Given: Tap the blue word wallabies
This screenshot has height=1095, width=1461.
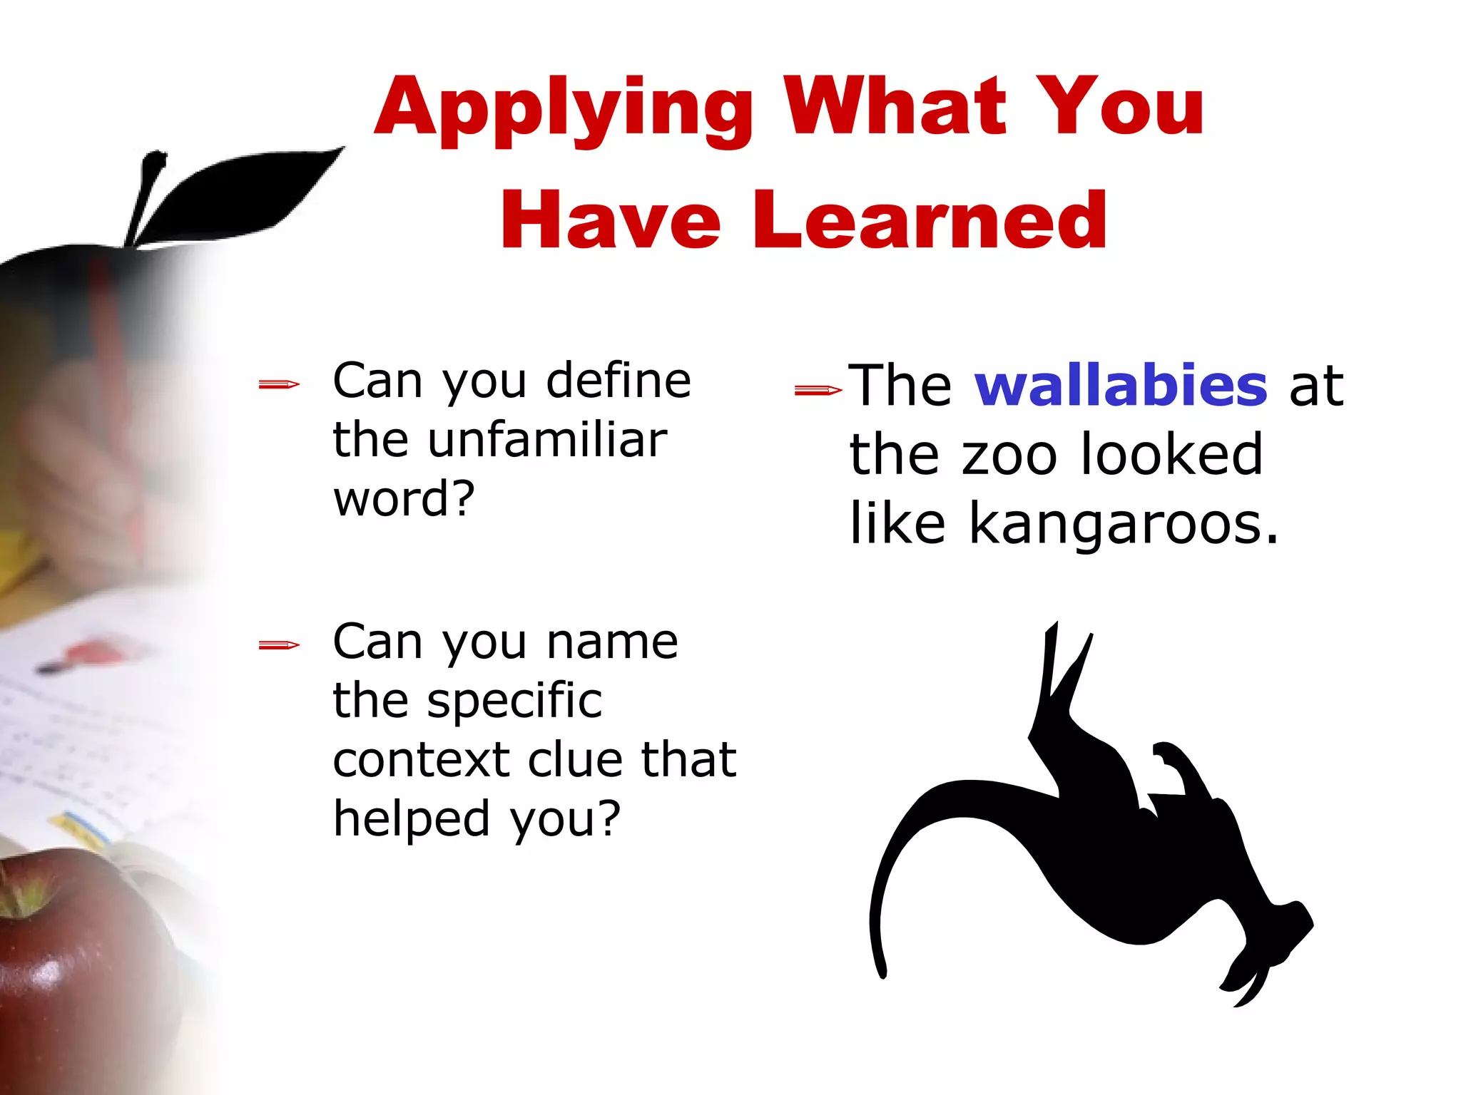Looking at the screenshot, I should coord(1121,385).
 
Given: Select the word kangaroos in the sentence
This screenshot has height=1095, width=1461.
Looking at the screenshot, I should coord(1124,524).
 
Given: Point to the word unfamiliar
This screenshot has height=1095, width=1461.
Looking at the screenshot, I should coord(547,440).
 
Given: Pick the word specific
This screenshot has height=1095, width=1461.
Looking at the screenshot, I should coord(514,700).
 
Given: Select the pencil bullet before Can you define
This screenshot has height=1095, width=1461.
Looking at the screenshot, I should coord(279,386).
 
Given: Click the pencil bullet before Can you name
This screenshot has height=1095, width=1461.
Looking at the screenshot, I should coord(279,646).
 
